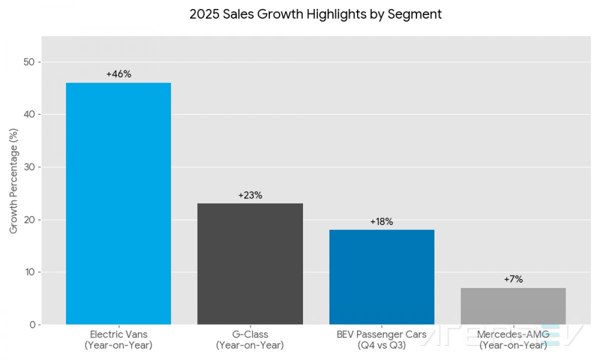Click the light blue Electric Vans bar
[118, 203]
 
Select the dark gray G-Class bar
[250, 264]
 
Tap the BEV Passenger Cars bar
[381, 277]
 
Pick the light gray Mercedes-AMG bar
[513, 306]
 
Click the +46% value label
[118, 74]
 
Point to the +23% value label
[250, 195]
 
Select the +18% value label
[381, 222]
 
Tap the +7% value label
[513, 279]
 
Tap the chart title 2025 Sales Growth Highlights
[315, 14]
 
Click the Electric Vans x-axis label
[118, 334]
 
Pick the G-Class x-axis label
[250, 334]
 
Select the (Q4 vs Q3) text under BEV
[381, 345]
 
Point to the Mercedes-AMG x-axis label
[513, 334]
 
